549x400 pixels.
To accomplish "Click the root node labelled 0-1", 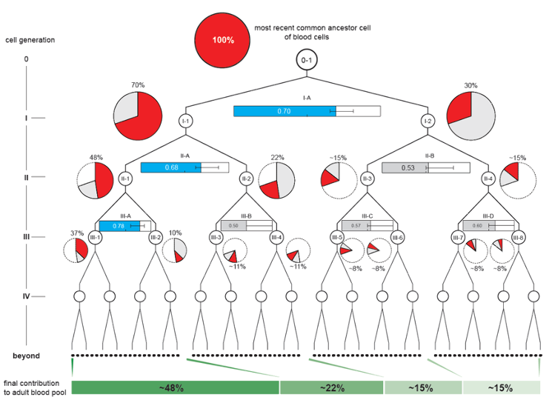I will point(307,60).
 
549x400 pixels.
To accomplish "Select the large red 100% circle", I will point(221,39).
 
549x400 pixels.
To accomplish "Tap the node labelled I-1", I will point(186,121).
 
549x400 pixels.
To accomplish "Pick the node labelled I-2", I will point(427,121).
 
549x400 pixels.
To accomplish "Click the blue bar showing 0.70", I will point(285,111).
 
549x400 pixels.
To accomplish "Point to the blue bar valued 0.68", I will point(170,167).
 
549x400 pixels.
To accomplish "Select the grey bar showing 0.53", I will point(405,167).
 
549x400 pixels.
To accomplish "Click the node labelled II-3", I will point(367,178).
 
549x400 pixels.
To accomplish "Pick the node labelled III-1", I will point(95,237).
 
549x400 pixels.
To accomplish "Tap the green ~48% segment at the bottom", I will point(175,387).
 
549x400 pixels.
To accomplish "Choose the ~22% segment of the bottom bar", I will point(331,387).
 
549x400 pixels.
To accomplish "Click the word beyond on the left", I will point(27,356).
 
